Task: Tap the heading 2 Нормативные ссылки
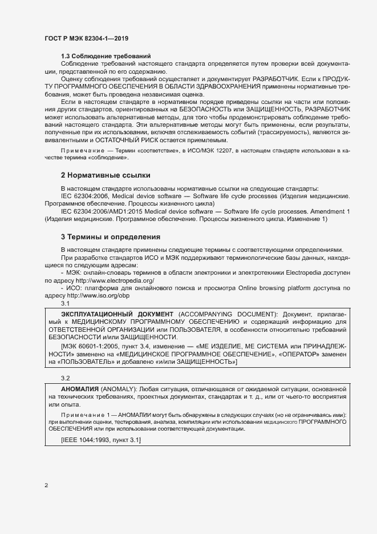click(106, 174)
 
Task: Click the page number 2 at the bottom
click(46, 485)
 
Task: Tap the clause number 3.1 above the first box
click(65, 305)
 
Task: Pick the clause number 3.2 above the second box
click(65, 378)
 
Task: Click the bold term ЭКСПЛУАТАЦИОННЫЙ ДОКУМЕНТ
click(116, 315)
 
